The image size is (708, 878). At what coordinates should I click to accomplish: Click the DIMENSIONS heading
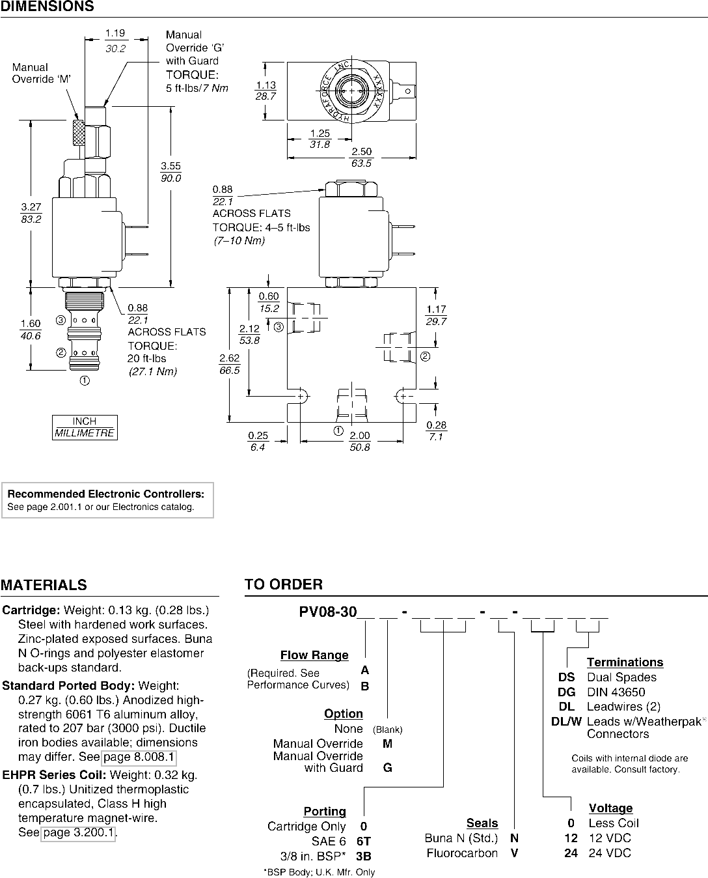[47, 6]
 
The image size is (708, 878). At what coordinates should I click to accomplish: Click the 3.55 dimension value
[170, 166]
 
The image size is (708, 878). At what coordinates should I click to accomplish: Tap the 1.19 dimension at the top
[115, 33]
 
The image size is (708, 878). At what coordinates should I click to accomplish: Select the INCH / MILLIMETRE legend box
[85, 427]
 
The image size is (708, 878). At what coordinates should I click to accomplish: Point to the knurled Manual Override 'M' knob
[79, 133]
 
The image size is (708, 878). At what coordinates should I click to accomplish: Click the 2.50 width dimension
[362, 152]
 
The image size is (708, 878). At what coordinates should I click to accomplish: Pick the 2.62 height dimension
[230, 358]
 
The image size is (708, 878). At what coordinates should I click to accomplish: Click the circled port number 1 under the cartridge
[85, 380]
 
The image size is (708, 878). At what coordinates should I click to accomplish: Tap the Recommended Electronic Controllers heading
[106, 494]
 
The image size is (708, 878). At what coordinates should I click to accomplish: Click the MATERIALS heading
[44, 585]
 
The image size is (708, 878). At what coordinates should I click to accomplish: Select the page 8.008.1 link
[139, 757]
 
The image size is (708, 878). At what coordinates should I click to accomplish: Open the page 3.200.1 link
[78, 832]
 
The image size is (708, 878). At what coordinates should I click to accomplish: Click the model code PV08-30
[328, 612]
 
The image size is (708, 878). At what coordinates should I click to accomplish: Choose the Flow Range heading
[314, 655]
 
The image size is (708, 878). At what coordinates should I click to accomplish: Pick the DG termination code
[567, 692]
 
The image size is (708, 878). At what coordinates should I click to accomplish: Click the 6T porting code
[364, 841]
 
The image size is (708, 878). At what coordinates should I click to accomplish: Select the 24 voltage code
[571, 853]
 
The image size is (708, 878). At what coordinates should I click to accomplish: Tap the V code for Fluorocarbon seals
[515, 853]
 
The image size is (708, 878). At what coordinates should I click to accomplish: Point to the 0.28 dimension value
[436, 425]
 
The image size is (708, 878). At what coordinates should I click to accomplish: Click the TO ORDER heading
[284, 584]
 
